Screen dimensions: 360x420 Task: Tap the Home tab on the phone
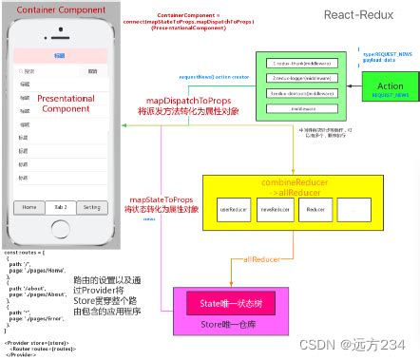29,206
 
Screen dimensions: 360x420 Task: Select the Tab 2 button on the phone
60,206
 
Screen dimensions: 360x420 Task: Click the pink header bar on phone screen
60,55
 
